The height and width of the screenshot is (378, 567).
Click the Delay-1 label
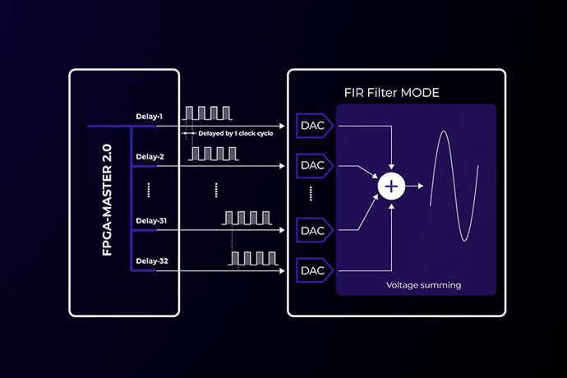pos(150,117)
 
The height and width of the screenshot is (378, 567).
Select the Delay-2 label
pos(150,156)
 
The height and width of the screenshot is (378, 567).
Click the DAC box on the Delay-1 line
pos(313,126)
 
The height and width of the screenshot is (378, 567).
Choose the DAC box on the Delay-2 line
pos(313,165)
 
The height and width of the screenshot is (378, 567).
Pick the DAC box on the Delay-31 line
pos(313,229)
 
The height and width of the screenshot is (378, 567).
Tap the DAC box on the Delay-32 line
pos(313,270)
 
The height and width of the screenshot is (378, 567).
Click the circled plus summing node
pos(391,187)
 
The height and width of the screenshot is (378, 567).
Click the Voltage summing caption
pos(423,285)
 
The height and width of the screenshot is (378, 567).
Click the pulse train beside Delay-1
pos(203,113)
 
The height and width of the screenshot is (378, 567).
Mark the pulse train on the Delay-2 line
pos(212,153)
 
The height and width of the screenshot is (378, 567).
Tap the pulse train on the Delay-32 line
pos(251,258)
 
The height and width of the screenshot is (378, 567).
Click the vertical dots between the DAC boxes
pos(312,196)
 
